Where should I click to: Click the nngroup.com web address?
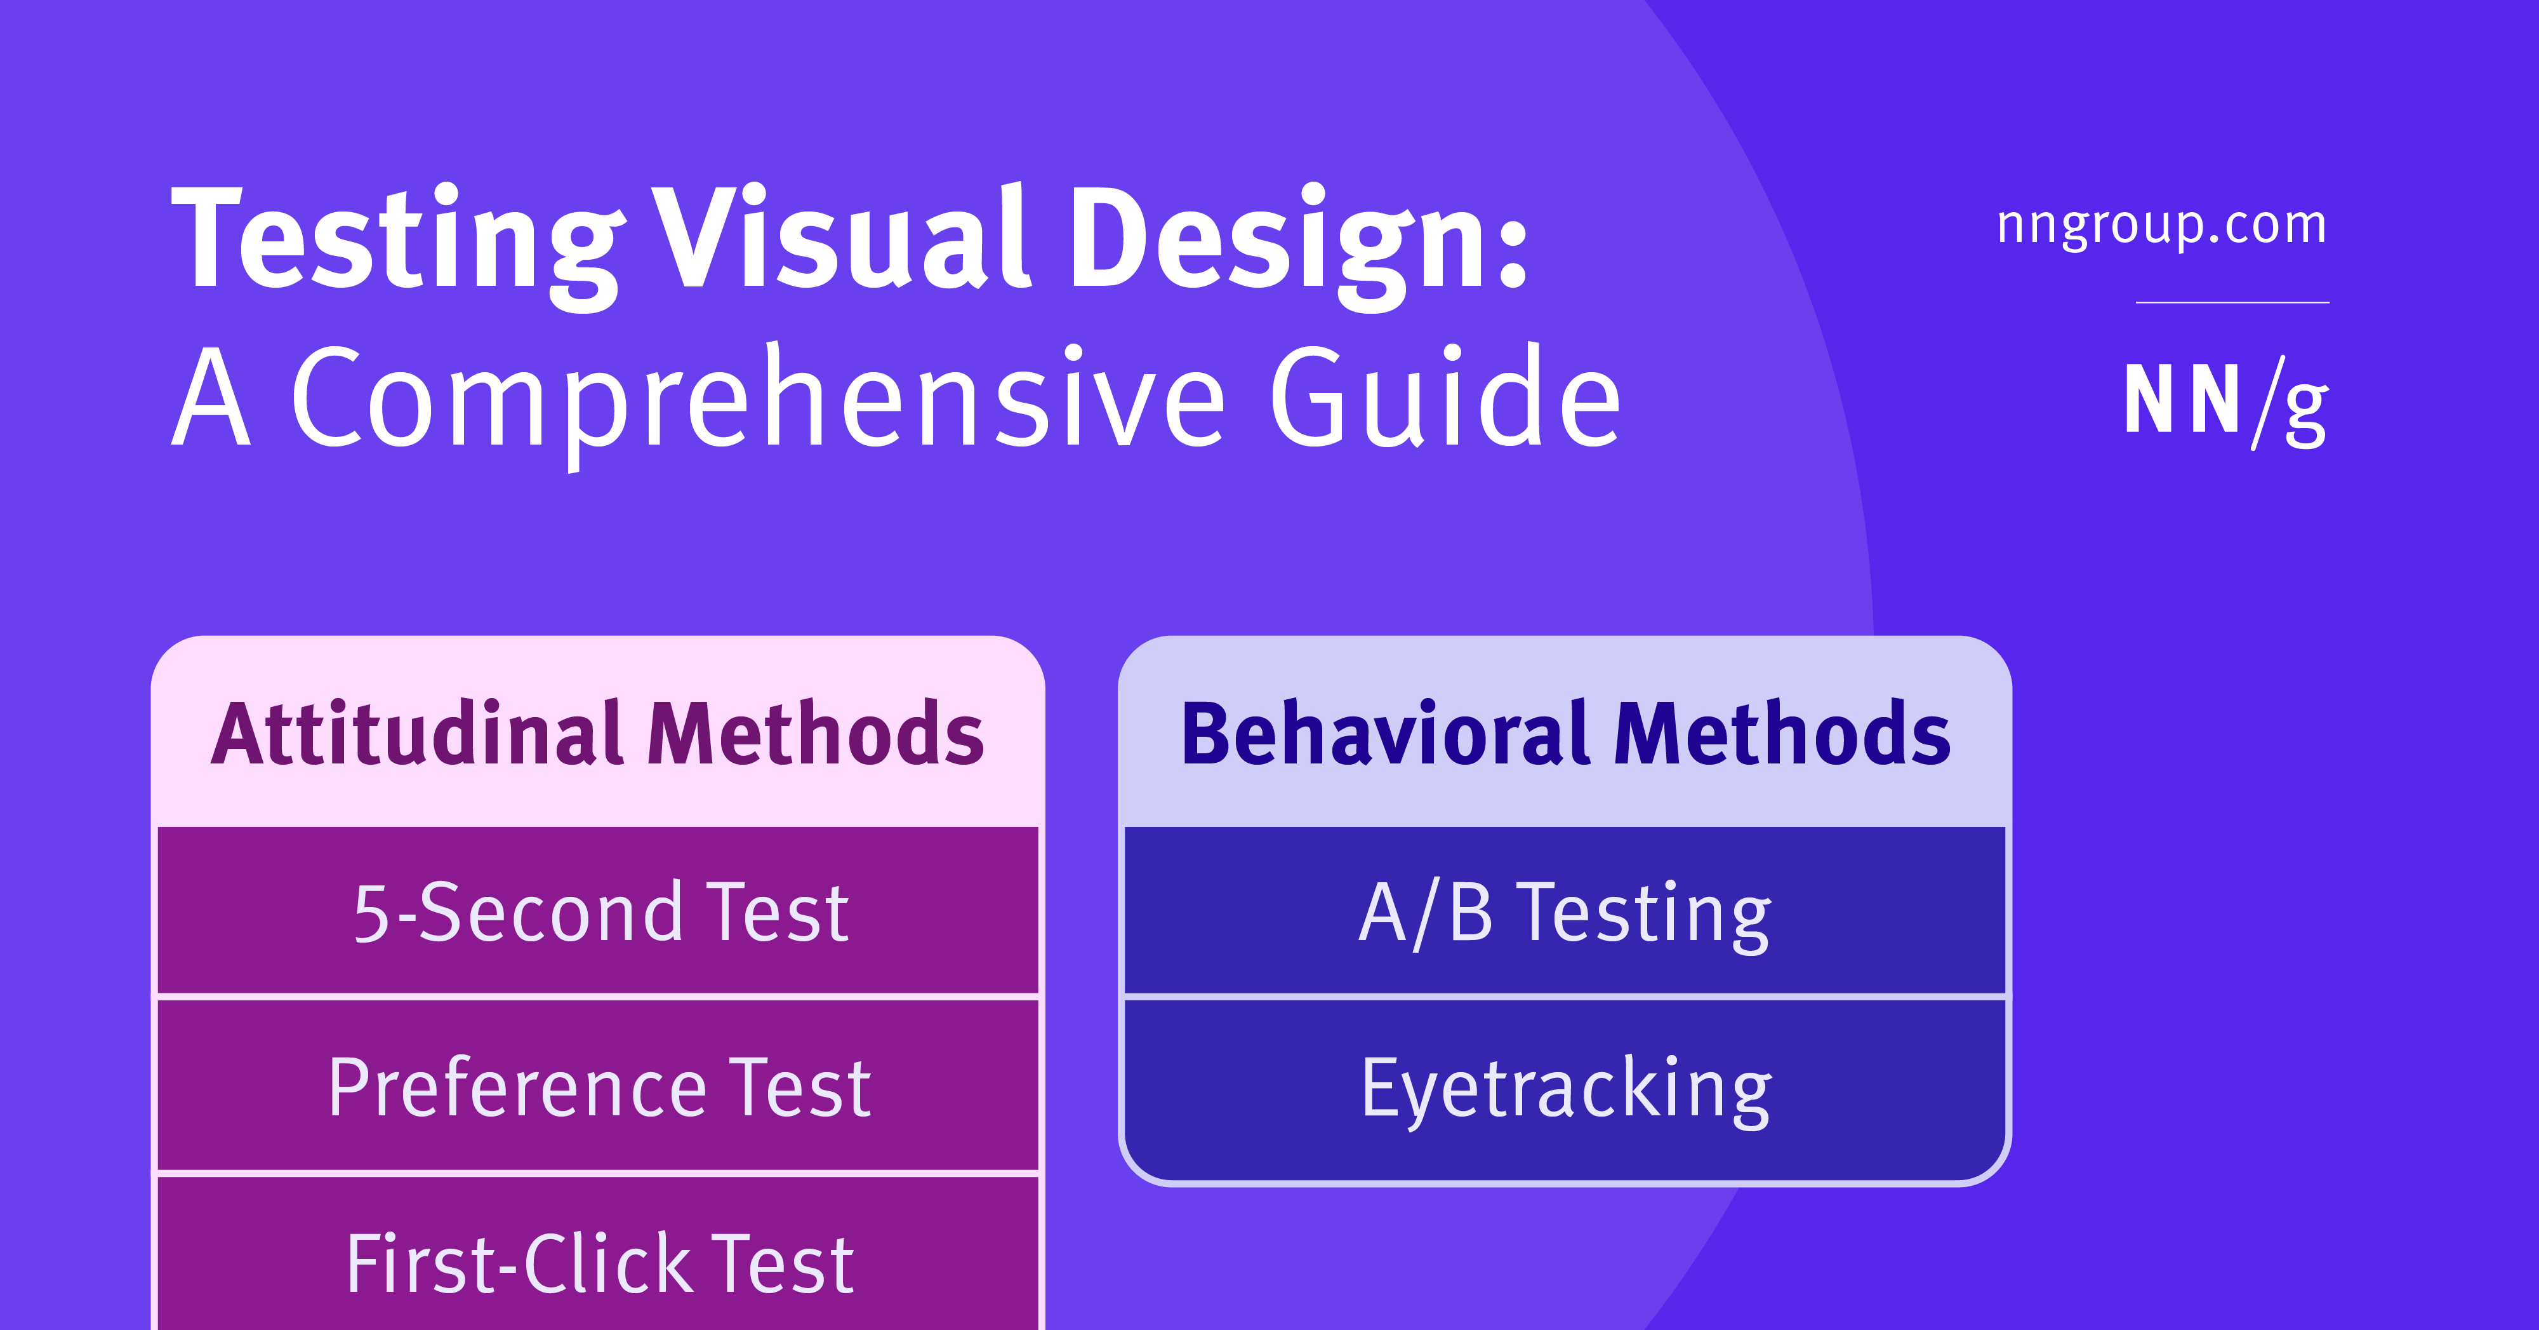pos(2161,225)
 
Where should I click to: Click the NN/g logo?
pos(2225,402)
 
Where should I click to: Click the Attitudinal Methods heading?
pos(597,734)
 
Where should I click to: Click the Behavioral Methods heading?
pos(1565,734)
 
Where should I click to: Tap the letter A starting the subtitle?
pos(211,400)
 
